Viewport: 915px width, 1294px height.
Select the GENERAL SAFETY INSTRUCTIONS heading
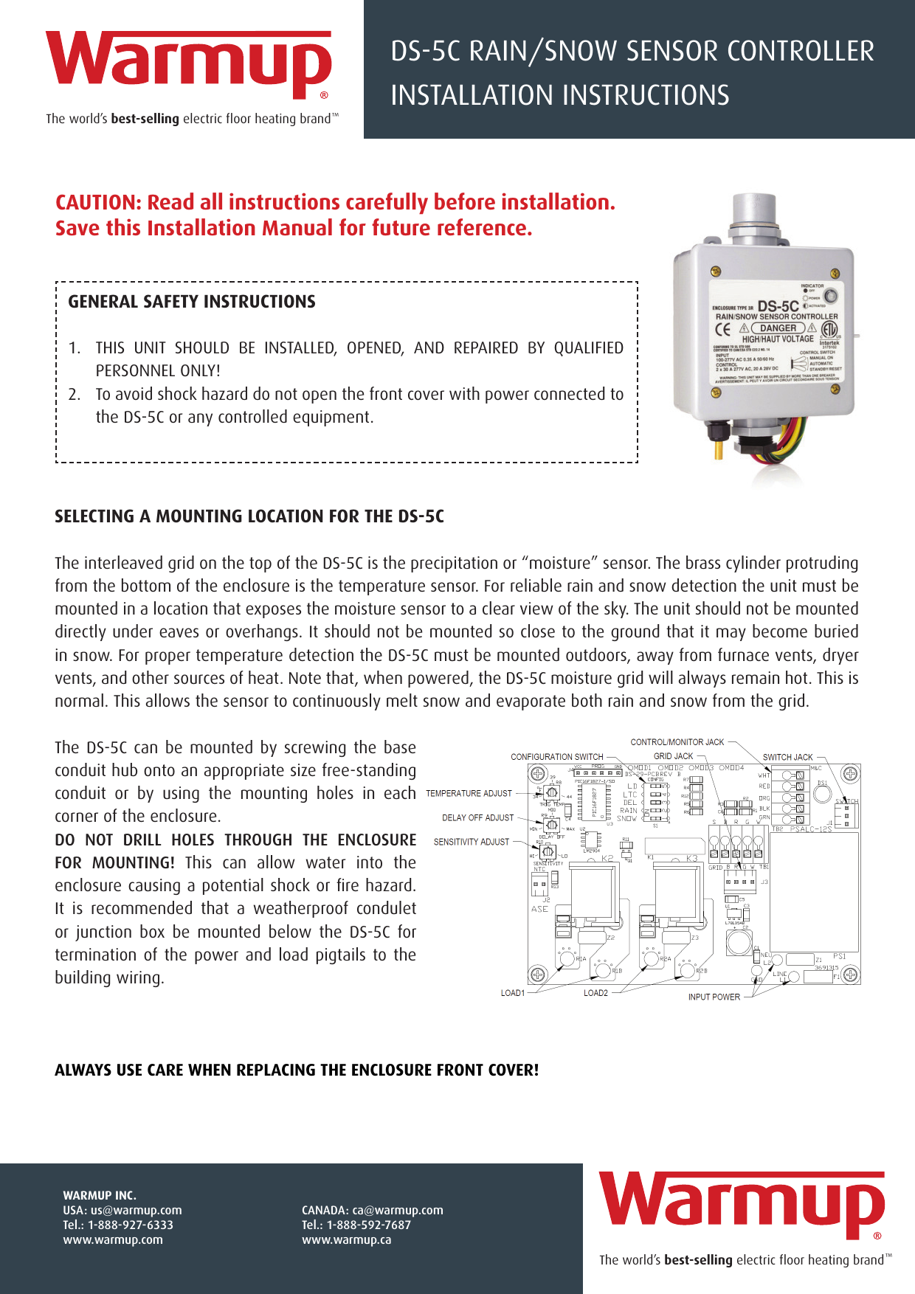pos(192,302)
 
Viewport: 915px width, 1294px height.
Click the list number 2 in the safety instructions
pos(74,395)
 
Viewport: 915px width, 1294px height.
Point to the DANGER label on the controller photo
pos(778,328)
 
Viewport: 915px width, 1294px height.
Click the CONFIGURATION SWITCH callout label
pos(556,757)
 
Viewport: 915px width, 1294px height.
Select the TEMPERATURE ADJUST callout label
pos(469,794)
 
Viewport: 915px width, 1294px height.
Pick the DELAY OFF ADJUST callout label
pos(477,818)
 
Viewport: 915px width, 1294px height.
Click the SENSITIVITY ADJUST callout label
pos(471,842)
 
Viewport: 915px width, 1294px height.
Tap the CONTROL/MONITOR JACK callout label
pos(677,742)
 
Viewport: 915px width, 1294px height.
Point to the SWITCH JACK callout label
pos(787,758)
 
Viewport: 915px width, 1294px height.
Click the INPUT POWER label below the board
pos(714,997)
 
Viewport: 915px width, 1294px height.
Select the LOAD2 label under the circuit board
pos(595,994)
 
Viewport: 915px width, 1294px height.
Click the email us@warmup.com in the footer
pos(136,1211)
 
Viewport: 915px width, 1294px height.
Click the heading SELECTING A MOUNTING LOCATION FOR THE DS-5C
pos(249,516)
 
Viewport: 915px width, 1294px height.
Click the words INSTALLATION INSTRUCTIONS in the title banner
pos(559,96)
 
